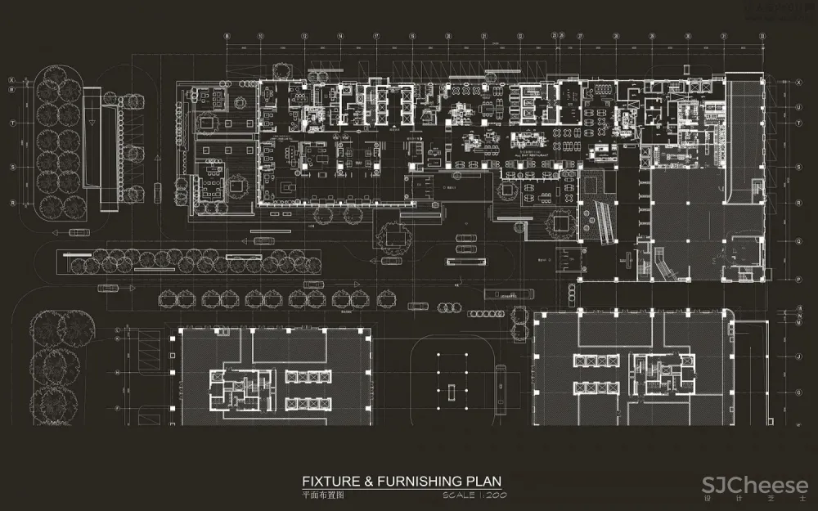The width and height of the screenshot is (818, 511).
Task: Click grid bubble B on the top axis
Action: coord(227,37)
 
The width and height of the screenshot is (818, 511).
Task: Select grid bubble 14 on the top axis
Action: coord(339,37)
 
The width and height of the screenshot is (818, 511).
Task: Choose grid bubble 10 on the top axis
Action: coord(260,37)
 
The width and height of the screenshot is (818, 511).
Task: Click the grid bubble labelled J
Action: coord(798,357)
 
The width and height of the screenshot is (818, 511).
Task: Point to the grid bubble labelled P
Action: coord(798,279)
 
